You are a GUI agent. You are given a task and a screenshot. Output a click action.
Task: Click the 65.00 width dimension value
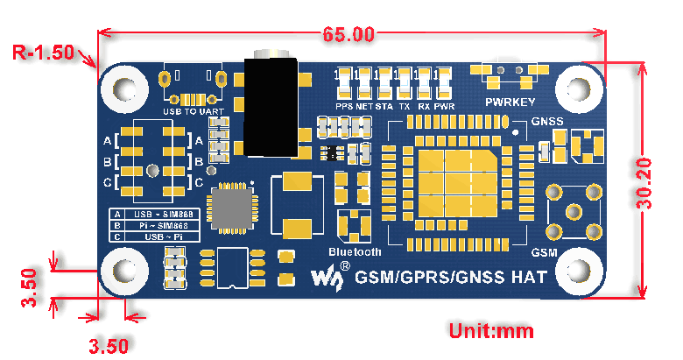[x=349, y=35]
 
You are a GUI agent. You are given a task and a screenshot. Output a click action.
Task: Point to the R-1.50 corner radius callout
[x=43, y=52]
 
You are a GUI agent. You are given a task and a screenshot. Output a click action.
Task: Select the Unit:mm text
[x=491, y=331]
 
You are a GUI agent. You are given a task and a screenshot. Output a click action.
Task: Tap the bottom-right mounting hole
[x=577, y=270]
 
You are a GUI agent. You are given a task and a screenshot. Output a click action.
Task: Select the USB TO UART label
[x=194, y=112]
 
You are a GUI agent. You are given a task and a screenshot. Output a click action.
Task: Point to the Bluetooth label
[x=355, y=251]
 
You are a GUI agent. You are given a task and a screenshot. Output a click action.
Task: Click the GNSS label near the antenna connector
[x=547, y=121]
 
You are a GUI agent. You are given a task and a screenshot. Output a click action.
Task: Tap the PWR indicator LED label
[x=444, y=106]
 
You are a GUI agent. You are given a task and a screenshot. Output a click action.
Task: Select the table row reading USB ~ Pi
[x=165, y=236]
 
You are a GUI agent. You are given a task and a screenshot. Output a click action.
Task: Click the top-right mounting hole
[x=577, y=88]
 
